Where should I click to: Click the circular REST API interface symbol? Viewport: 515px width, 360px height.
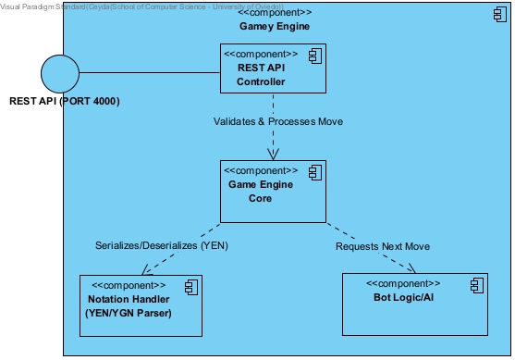pos(61,71)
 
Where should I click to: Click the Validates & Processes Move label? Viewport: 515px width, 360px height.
pos(272,121)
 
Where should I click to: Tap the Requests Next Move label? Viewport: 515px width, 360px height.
pos(382,246)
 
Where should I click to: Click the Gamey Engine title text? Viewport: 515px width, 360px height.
pos(275,26)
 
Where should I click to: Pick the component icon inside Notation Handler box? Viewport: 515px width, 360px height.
pos(186,287)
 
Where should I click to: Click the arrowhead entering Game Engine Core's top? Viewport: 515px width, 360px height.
pos(273,154)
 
